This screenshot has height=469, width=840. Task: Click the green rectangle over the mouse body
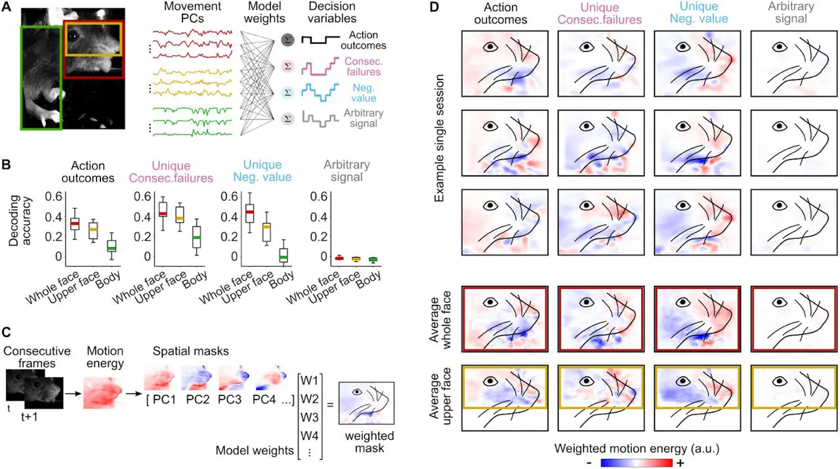41,77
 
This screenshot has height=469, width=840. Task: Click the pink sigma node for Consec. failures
287,66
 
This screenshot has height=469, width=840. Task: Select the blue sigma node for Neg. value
287,92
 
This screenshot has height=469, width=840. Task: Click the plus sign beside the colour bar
681,462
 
